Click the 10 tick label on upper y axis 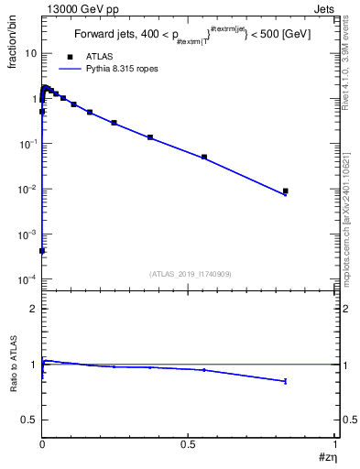30,53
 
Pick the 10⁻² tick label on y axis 28,190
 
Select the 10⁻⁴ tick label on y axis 28,279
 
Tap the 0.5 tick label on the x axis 189,443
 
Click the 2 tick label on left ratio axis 32,309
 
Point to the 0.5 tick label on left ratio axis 29,420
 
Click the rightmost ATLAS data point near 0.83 286,191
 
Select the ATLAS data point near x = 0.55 204,157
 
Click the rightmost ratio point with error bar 286,381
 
